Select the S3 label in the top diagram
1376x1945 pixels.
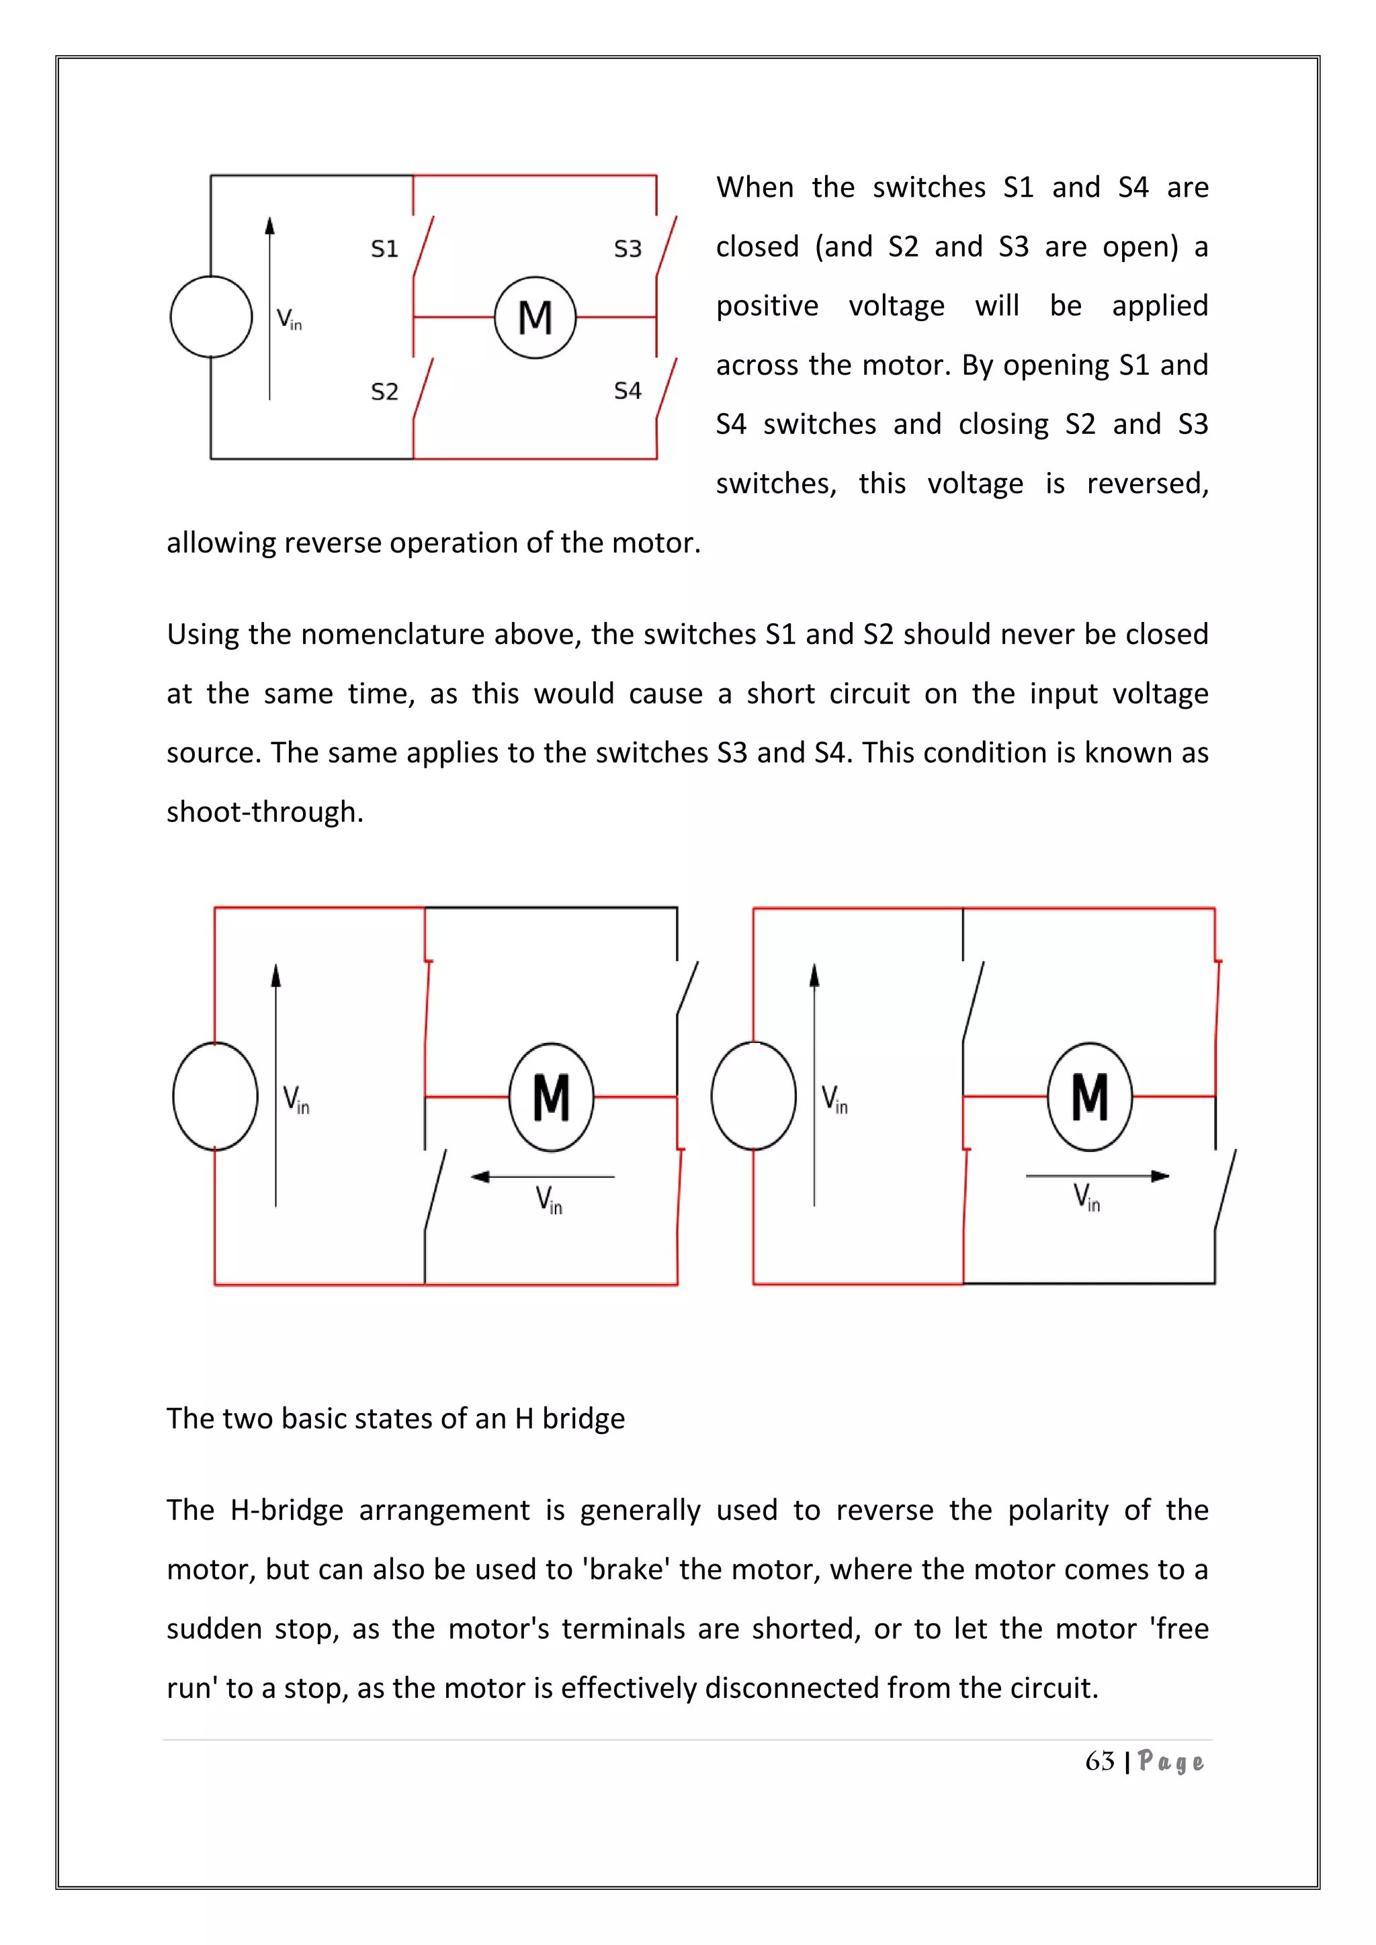coord(627,249)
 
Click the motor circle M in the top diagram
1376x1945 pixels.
coord(535,318)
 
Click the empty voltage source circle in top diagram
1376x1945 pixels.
coord(211,317)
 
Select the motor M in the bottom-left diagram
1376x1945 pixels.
coord(551,1097)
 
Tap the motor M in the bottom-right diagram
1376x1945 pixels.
coord(1090,1096)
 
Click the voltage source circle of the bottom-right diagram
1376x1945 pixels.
coord(753,1095)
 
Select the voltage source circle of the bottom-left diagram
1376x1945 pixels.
coord(215,1096)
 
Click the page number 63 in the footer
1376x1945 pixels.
coord(1099,1761)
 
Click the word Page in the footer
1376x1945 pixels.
coord(1170,1762)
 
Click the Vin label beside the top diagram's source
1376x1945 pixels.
coord(289,320)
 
